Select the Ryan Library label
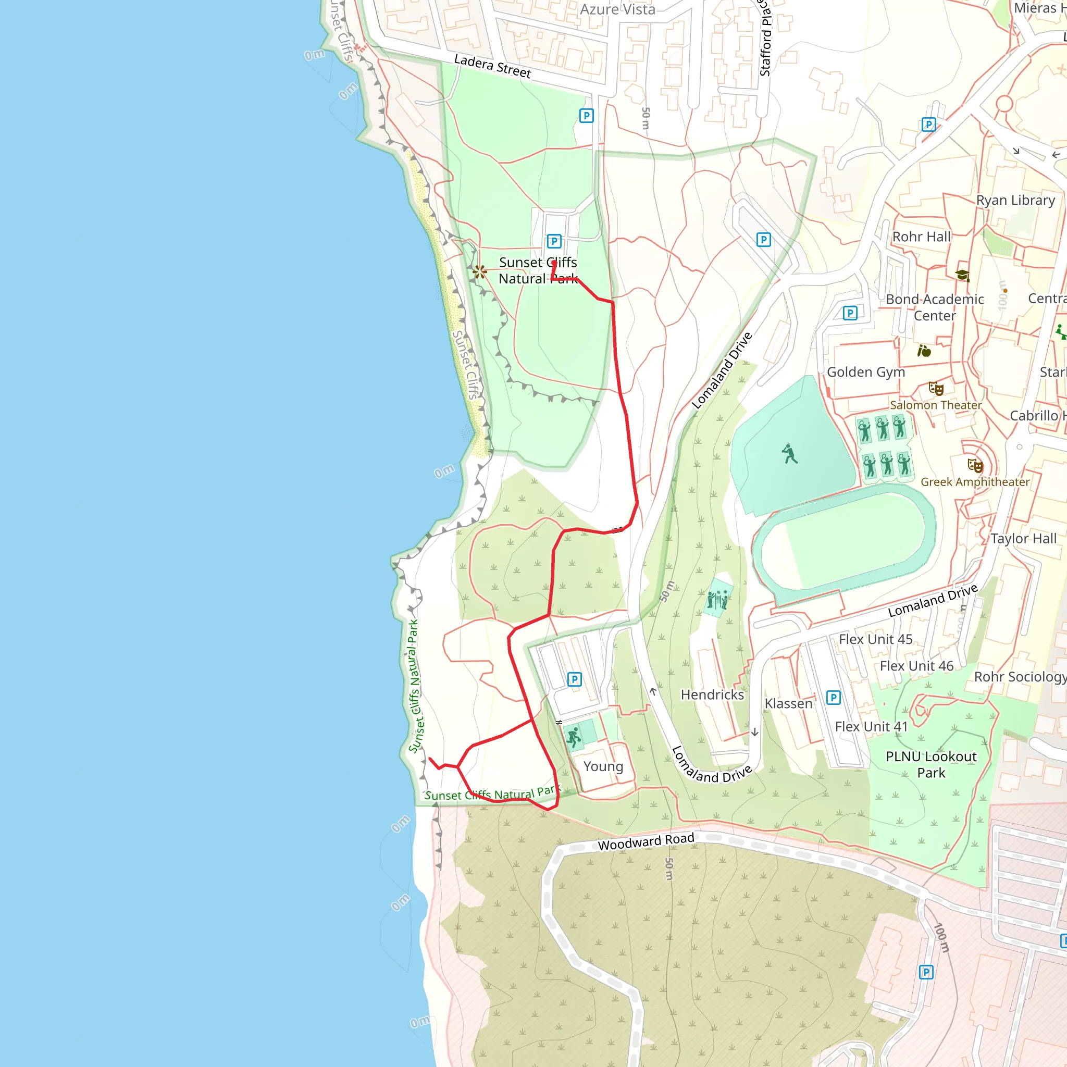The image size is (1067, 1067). click(x=1015, y=201)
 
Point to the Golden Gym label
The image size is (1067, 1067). click(x=865, y=372)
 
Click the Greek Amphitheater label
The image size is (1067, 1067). click(x=975, y=482)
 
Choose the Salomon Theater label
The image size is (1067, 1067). click(x=936, y=405)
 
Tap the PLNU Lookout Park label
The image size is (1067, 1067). click(x=930, y=764)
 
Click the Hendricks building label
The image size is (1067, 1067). click(x=712, y=695)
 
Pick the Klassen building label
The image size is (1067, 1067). click(x=788, y=703)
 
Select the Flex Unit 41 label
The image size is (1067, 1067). click(x=871, y=727)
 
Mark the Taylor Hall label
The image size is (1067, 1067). click(x=1023, y=539)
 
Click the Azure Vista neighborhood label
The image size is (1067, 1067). click(x=617, y=9)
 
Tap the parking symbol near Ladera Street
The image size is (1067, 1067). click(x=586, y=116)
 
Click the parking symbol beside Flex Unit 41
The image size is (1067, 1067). click(x=833, y=698)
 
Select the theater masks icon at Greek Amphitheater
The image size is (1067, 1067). click(x=975, y=466)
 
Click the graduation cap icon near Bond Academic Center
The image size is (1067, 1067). click(x=962, y=275)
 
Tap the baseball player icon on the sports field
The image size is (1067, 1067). click(x=789, y=453)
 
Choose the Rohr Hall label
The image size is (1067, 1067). click(x=921, y=237)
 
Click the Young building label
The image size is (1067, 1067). click(x=603, y=766)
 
